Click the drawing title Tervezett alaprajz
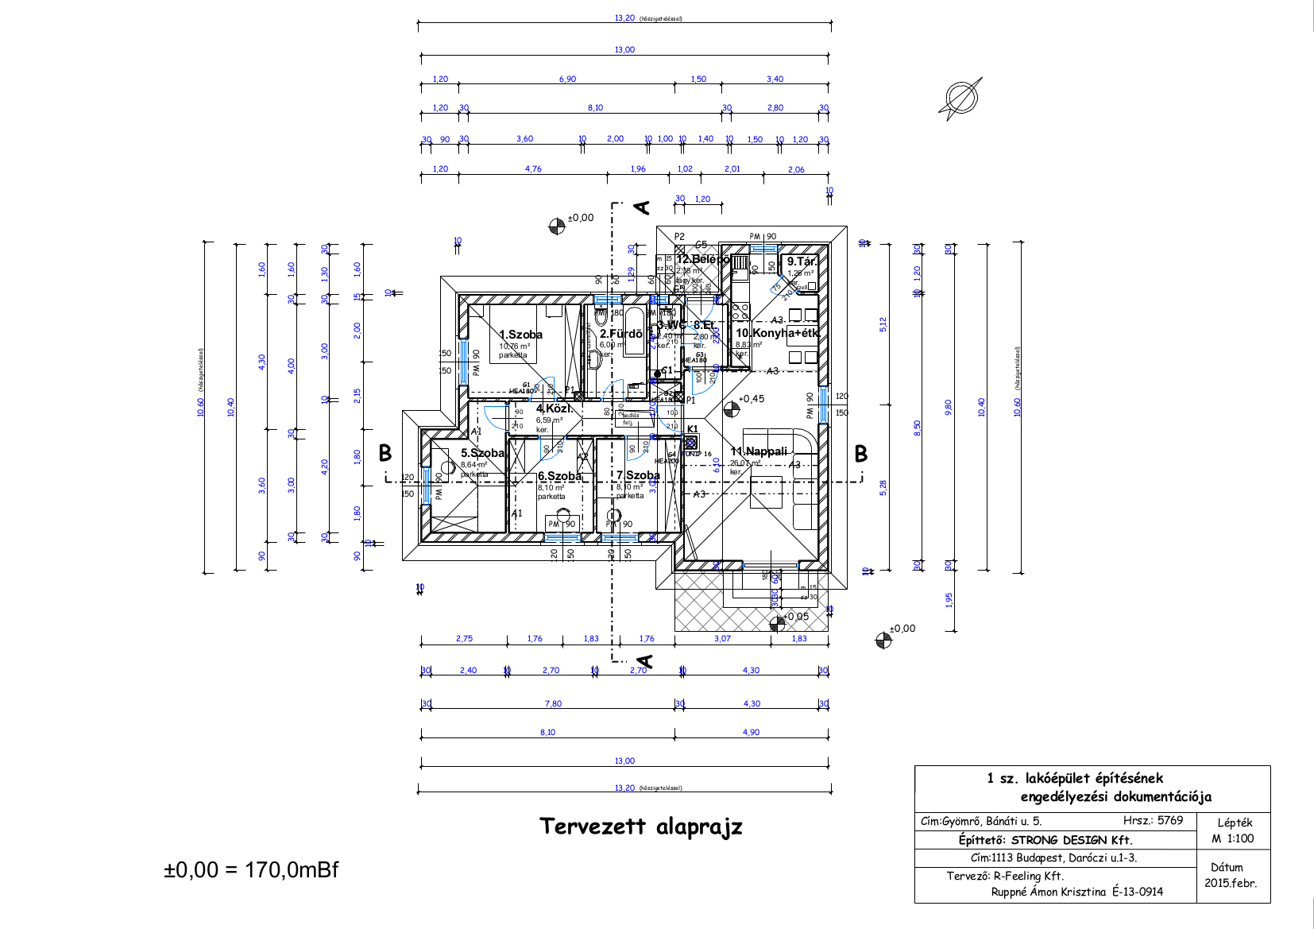pos(640,826)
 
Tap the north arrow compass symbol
pos(960,99)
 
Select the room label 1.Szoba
pos(520,335)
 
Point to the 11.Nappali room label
pos(759,451)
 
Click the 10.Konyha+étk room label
pos(777,333)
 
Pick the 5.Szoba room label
pos(482,453)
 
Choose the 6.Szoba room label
pos(559,476)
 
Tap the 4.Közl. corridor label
pos(554,408)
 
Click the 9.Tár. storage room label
pos(802,261)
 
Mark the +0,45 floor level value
pos(751,399)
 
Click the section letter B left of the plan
pos(385,453)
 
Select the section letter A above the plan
pos(642,208)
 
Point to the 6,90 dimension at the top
pos(567,79)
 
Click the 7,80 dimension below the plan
pos(553,704)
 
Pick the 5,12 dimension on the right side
pos(883,324)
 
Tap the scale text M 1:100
pos(1233,838)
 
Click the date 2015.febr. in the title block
pos(1231,883)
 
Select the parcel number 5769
pos(1170,820)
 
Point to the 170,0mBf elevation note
pos(291,869)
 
